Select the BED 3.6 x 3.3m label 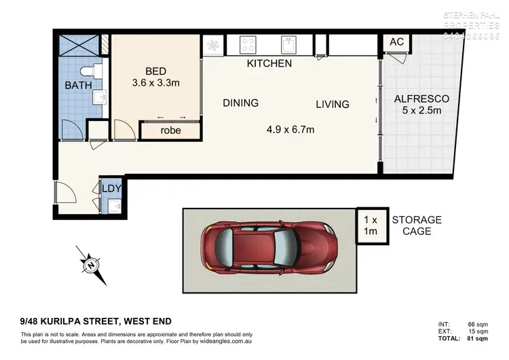point(156,77)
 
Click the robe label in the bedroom point(170,130)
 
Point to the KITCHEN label point(269,64)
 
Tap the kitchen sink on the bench point(289,45)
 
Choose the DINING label point(240,103)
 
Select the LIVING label point(332,105)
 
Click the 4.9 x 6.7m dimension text point(290,129)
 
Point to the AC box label point(397,42)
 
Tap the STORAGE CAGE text point(416,226)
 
